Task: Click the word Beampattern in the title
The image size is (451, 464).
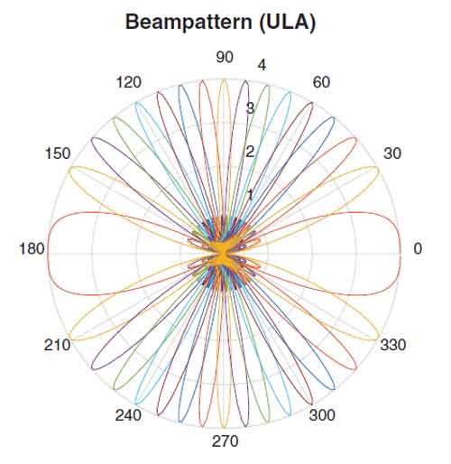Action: tap(189, 23)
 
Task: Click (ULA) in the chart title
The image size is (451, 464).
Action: tap(288, 23)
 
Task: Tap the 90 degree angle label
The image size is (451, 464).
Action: tap(225, 57)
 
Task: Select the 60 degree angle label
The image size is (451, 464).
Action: tap(321, 82)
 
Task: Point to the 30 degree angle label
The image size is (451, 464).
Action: tap(392, 153)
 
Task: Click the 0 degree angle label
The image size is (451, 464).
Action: tap(418, 248)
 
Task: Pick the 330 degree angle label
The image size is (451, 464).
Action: tap(393, 344)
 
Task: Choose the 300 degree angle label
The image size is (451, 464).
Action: tap(322, 415)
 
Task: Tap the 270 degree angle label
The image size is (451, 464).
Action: tap(225, 441)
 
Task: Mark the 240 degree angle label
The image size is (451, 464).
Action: tap(128, 415)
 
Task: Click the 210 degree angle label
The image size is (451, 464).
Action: tap(57, 345)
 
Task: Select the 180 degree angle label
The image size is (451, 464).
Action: tap(32, 249)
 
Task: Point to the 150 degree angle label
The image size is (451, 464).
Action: tap(58, 153)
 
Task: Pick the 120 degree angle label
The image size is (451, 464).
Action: tap(129, 82)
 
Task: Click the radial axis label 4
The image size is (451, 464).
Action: tap(262, 65)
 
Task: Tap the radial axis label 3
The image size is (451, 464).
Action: tap(250, 108)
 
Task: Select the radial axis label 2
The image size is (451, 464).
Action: tap(250, 152)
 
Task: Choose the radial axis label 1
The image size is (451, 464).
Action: tap(250, 195)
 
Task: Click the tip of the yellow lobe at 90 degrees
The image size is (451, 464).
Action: tap(224, 79)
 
